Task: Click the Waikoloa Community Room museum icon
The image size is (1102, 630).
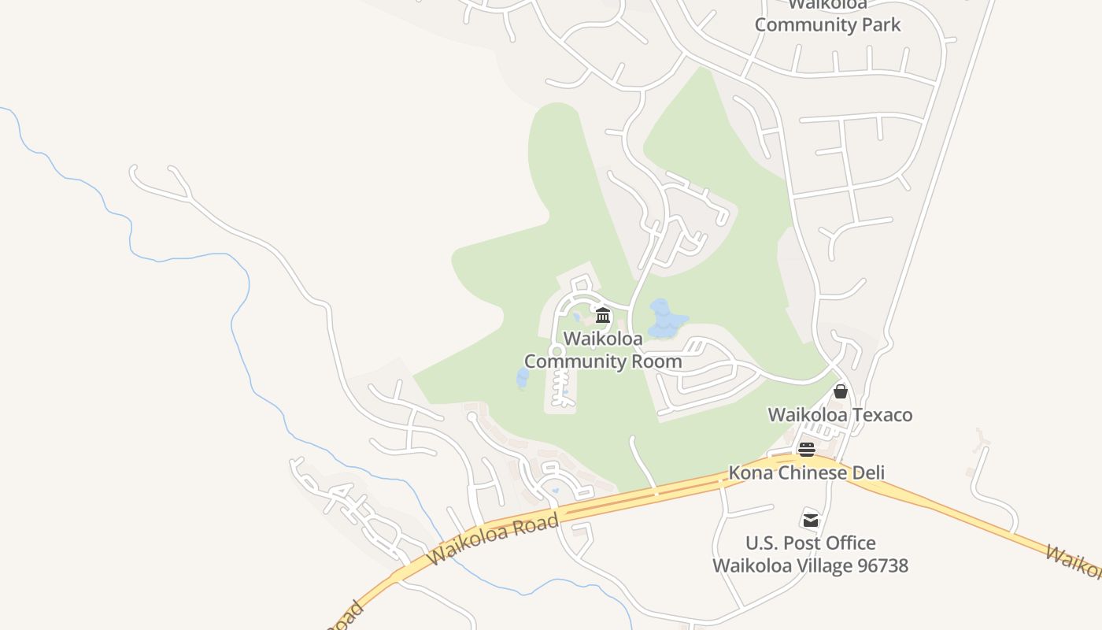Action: pos(603,317)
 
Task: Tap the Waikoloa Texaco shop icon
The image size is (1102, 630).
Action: pos(841,391)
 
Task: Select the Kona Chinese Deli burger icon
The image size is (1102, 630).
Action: pos(807,450)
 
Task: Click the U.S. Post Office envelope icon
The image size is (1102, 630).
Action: pos(810,520)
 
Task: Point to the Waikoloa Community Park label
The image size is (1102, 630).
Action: pos(827,16)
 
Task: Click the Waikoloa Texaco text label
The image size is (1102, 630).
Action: pos(840,415)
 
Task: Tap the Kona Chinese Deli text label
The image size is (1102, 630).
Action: pos(806,472)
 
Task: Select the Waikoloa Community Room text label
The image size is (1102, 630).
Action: pos(603,350)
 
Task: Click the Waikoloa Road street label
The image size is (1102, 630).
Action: pos(494,539)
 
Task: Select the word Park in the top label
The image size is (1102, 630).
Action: pos(881,24)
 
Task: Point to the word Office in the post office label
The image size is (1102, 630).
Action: pos(851,543)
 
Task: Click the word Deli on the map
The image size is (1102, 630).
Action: pos(866,472)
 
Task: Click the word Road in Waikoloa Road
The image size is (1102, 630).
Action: pos(538,525)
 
